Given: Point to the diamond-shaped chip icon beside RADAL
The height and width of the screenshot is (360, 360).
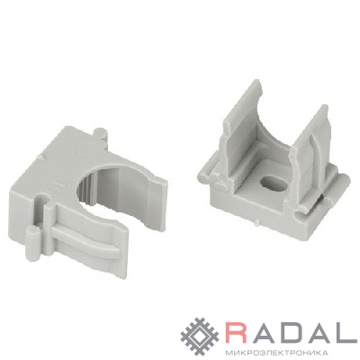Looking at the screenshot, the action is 201,336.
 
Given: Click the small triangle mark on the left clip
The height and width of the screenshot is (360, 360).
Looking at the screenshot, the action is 41,157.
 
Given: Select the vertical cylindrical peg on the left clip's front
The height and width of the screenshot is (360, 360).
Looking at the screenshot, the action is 33,244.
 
